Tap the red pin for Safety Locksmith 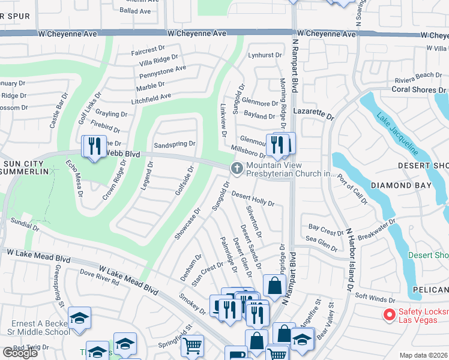389,313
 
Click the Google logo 19,353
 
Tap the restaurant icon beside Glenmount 277,145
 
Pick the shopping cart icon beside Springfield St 192,346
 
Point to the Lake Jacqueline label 397,134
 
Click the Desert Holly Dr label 253,199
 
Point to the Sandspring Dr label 175,144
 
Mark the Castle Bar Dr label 61,107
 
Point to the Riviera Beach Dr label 418,76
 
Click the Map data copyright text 424,355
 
